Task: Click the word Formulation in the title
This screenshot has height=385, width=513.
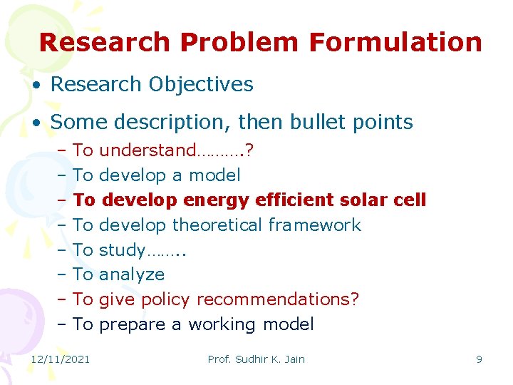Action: click(395, 42)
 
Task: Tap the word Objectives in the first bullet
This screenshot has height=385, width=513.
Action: click(201, 84)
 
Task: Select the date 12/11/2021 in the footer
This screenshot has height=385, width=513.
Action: click(61, 359)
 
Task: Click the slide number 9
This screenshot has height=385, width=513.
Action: click(479, 359)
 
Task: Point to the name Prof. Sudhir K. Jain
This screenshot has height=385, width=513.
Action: click(256, 359)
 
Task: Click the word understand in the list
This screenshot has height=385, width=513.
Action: click(147, 150)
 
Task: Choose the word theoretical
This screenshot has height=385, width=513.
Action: click(218, 225)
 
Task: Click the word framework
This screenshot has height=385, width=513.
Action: click(315, 225)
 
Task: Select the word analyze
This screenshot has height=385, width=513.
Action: click(132, 274)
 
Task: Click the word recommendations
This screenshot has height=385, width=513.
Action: click(277, 299)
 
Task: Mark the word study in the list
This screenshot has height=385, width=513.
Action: click(122, 250)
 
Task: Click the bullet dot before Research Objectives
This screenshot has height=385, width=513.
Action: click(37, 85)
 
